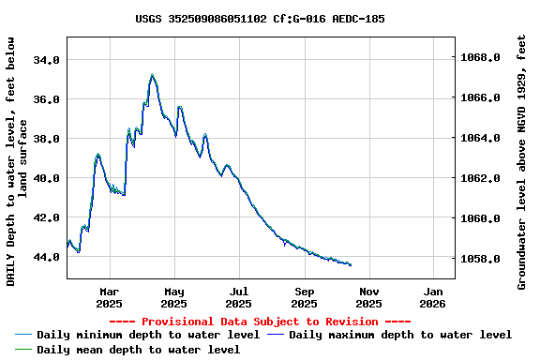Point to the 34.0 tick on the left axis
(47, 59)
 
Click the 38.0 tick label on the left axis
(47, 139)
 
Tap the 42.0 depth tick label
(47, 217)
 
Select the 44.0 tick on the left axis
(47, 257)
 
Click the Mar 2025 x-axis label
(110, 296)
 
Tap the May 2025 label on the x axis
(174, 296)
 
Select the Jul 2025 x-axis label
(239, 296)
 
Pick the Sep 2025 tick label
(304, 296)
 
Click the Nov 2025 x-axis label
(368, 296)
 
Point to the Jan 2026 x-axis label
(432, 296)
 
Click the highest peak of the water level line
(152, 75)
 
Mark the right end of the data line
(351, 265)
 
